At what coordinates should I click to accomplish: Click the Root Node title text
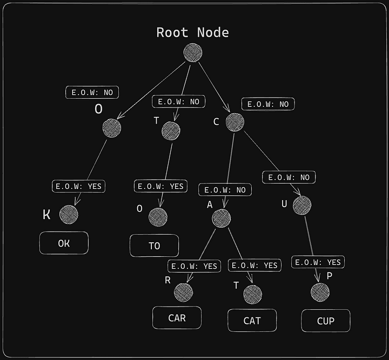pyautogui.click(x=192, y=32)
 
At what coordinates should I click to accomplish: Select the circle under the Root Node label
pyautogui.click(x=193, y=53)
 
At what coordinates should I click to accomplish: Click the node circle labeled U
pyautogui.click(x=303, y=205)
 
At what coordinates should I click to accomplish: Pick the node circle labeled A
pyautogui.click(x=222, y=218)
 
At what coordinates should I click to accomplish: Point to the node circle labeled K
pyautogui.click(x=69, y=214)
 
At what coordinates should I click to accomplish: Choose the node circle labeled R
pyautogui.click(x=183, y=293)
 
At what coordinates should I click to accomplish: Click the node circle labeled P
pyautogui.click(x=320, y=293)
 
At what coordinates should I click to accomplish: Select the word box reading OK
pyautogui.click(x=64, y=243)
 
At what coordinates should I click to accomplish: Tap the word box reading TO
pyautogui.click(x=155, y=246)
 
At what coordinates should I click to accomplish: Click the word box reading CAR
pyautogui.click(x=177, y=318)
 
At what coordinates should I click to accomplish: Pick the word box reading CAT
pyautogui.click(x=252, y=321)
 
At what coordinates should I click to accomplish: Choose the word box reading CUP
pyautogui.click(x=326, y=321)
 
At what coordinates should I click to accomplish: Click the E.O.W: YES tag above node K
pyautogui.click(x=78, y=186)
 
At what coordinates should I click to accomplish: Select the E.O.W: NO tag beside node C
pyautogui.click(x=268, y=104)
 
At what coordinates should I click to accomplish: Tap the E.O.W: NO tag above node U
pyautogui.click(x=289, y=177)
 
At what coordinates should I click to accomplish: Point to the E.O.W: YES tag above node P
pyautogui.click(x=318, y=262)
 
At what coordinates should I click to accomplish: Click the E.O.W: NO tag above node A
pyautogui.click(x=225, y=190)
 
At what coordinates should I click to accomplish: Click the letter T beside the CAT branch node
pyautogui.click(x=236, y=286)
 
